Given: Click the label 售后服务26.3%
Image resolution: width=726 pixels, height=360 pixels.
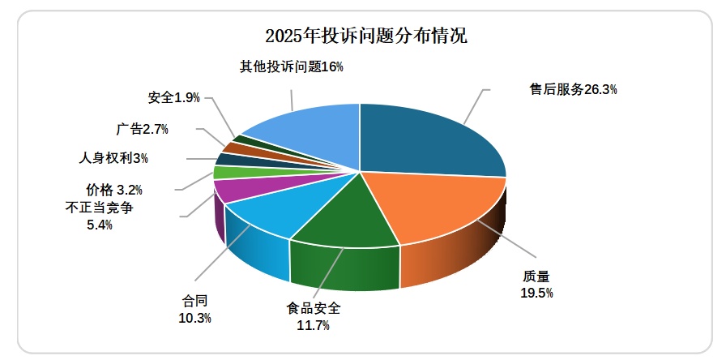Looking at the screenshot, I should pos(574,90).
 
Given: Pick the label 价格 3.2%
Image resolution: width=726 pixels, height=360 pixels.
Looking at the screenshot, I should pos(114,190).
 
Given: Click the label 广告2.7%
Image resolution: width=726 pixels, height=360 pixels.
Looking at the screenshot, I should pos(142,128).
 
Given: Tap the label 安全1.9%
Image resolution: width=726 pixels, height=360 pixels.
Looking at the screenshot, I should pos(173,97).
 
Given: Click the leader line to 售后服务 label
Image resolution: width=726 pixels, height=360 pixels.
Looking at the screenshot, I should pos(477,106).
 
